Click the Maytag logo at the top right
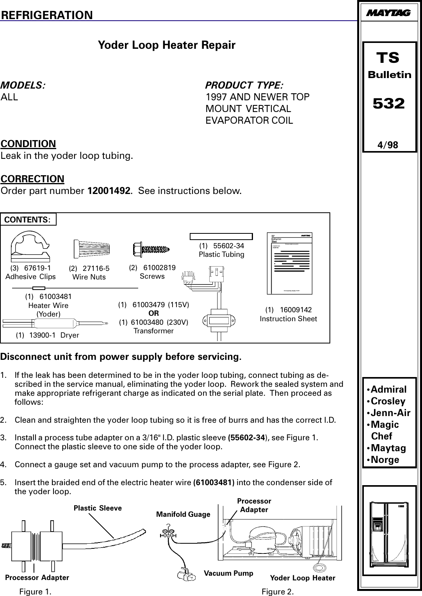coord(388,13)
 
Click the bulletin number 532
coord(389,104)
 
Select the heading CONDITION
coord(28,144)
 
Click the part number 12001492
coord(109,191)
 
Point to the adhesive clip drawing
coord(30,247)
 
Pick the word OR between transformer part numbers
coord(154,313)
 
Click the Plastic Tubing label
coord(221,254)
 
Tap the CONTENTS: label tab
coord(28,219)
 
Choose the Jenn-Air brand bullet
coord(389,413)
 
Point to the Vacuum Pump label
coord(229,573)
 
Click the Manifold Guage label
coord(183,514)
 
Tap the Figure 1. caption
coord(35,592)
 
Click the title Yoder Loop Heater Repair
coord(167,45)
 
